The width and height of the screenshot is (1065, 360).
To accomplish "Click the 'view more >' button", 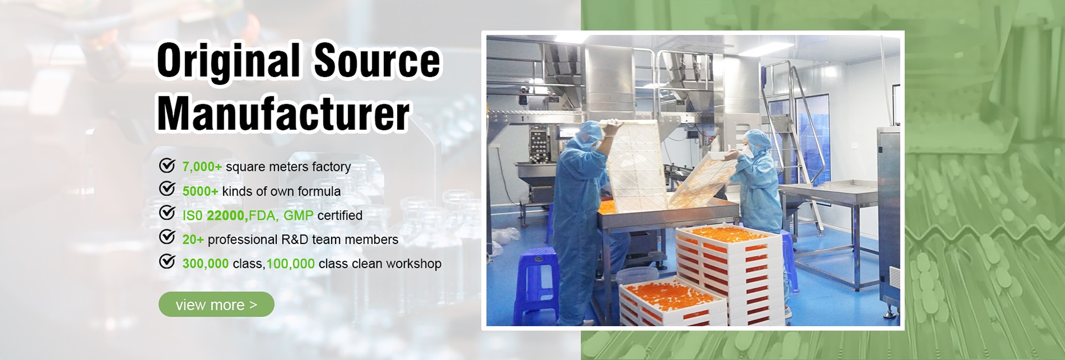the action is click(x=216, y=305).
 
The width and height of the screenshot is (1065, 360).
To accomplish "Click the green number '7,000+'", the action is click(x=202, y=167).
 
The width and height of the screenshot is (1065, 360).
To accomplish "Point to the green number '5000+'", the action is click(x=200, y=191).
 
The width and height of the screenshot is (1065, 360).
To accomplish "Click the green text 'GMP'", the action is click(x=298, y=215).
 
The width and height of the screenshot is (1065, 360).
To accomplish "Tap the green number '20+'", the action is click(x=193, y=240).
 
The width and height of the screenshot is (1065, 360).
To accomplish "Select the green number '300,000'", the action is click(x=205, y=264).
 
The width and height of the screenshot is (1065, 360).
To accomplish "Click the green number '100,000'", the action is click(x=291, y=264).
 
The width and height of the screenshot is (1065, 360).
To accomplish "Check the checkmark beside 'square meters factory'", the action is click(x=167, y=165).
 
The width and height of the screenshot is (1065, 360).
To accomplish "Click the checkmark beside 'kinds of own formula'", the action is click(x=167, y=189).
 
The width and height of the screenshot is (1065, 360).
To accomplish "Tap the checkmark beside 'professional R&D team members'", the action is click(x=167, y=237).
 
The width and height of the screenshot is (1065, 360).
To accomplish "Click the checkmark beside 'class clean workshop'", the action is click(x=167, y=261).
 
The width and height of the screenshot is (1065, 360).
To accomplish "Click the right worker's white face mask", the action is click(x=748, y=151).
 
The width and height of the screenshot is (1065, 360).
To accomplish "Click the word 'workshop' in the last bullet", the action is click(x=414, y=264).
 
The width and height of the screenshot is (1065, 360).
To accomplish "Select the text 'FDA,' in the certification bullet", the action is click(x=264, y=216).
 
